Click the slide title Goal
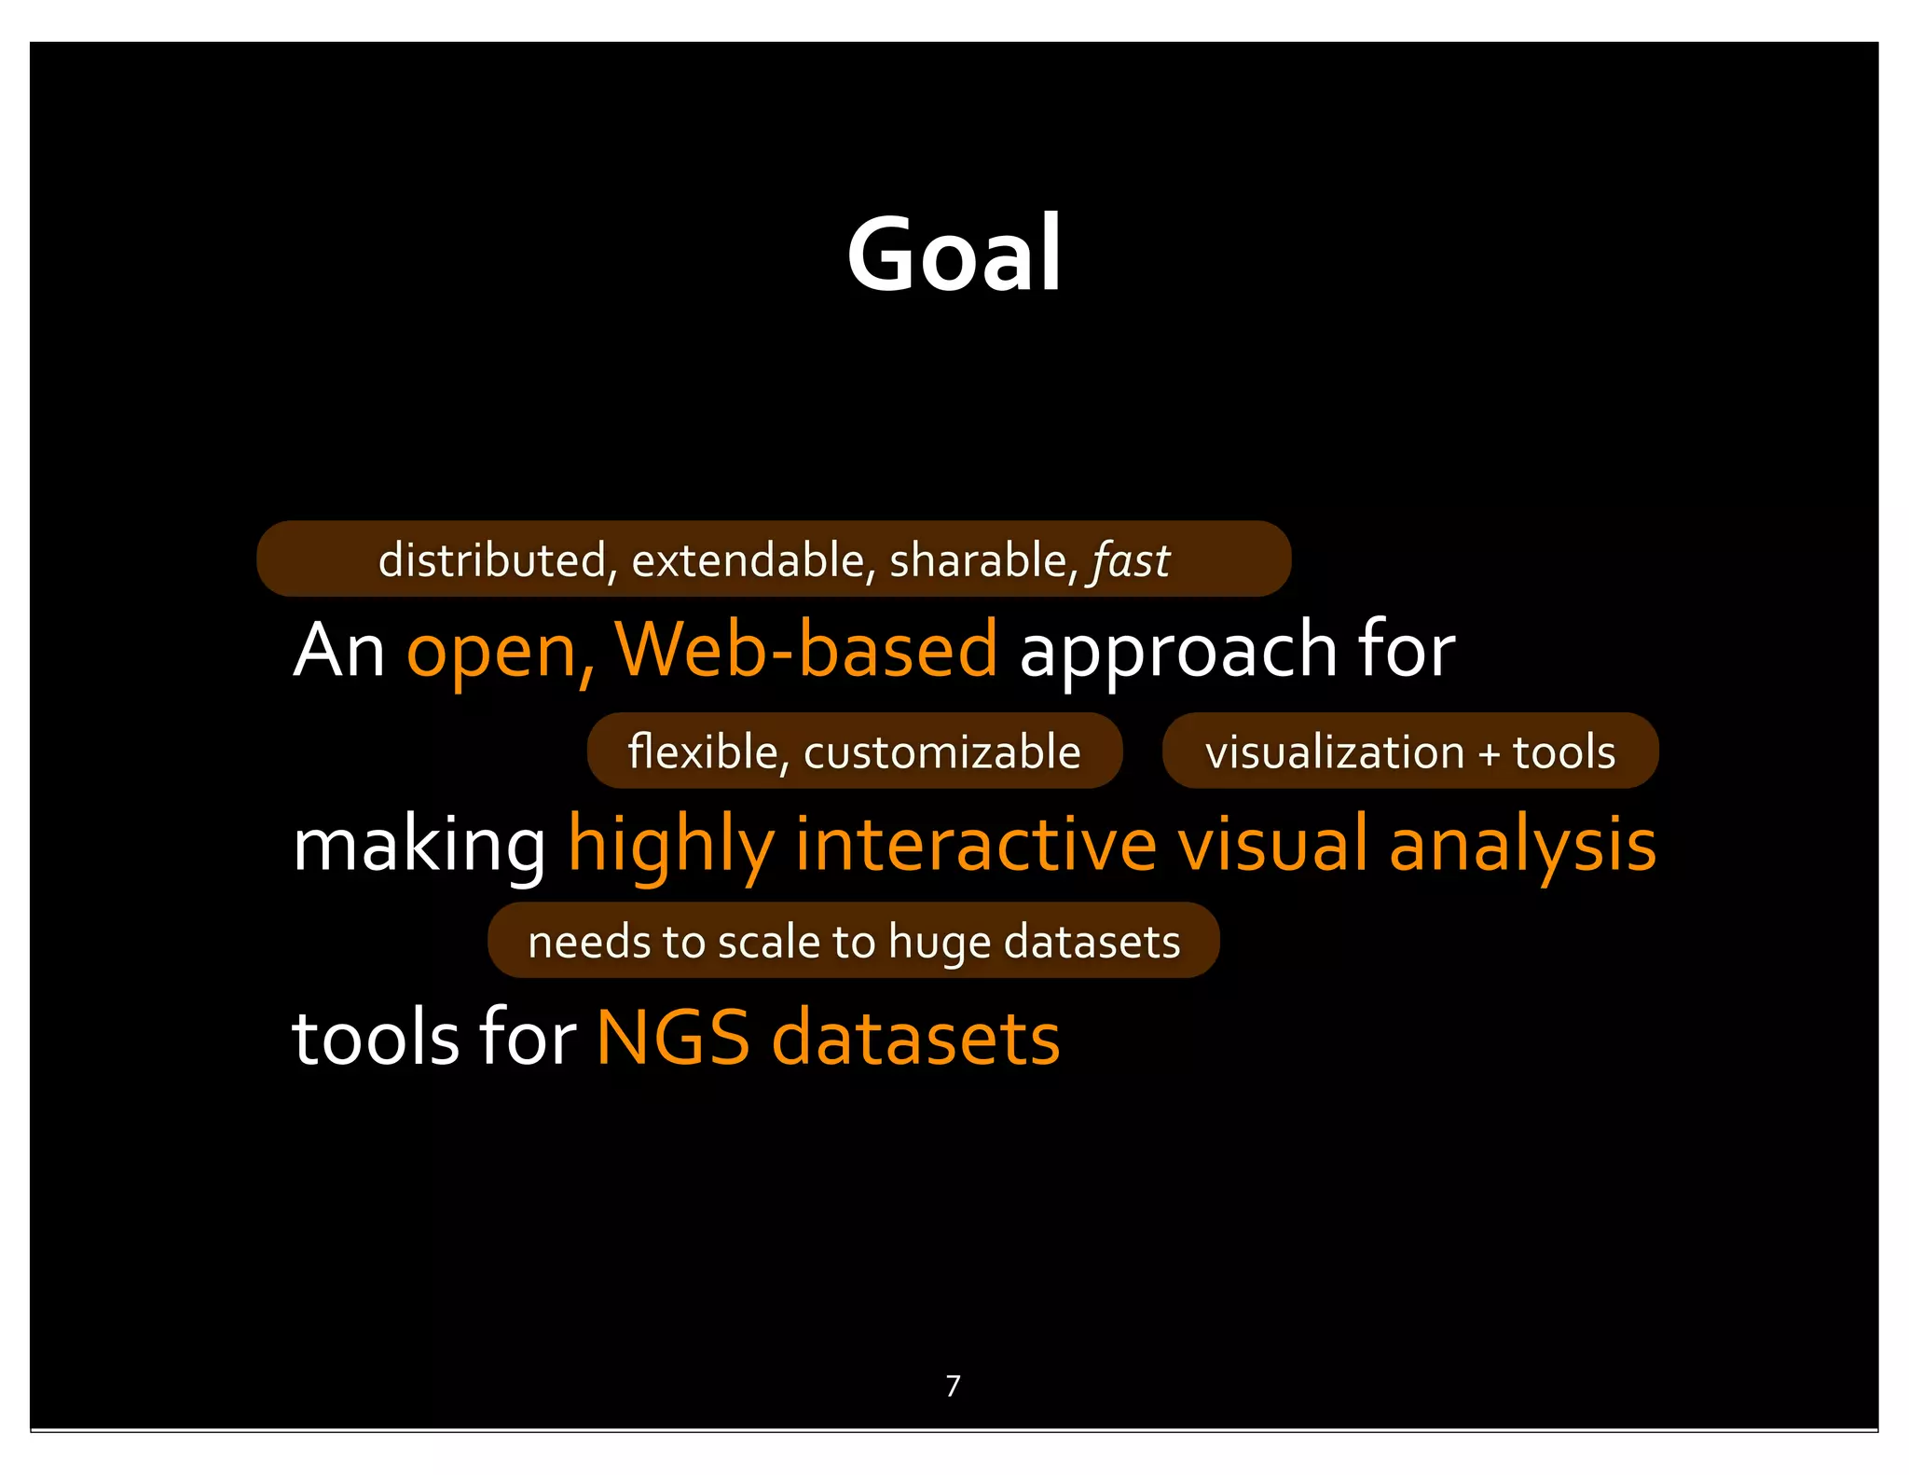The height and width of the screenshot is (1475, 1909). [x=954, y=254]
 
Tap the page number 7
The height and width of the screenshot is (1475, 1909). [x=953, y=1385]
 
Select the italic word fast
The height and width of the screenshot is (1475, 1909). [x=1131, y=560]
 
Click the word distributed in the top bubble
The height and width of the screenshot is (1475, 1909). [x=492, y=560]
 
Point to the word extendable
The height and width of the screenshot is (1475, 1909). [x=748, y=560]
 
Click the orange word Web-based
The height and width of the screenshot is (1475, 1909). [x=806, y=649]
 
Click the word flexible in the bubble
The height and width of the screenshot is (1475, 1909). [x=703, y=751]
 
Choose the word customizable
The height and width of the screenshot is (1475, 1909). [x=941, y=751]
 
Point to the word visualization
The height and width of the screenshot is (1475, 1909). [x=1335, y=752]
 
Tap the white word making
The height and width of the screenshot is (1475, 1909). [x=419, y=845]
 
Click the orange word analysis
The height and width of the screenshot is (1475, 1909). [x=1522, y=845]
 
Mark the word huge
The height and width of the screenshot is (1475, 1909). [x=940, y=944]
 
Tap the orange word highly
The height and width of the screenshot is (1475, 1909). [x=671, y=845]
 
